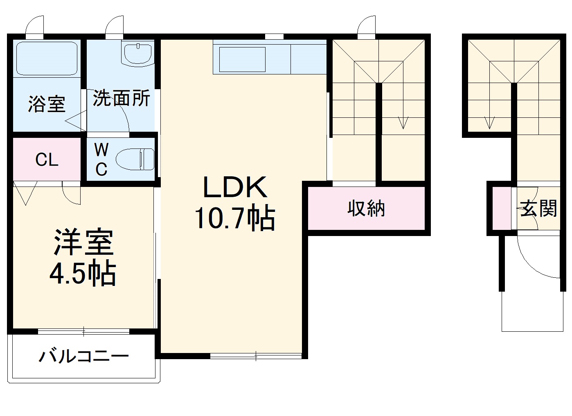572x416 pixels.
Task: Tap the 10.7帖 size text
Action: pos(235,218)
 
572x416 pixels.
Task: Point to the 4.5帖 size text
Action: pos(83,273)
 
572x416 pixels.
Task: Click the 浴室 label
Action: pos(46,104)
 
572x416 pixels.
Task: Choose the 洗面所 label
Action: pos(121,98)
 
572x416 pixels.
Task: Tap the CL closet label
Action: pos(47,160)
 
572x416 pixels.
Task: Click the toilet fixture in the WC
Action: pos(135,159)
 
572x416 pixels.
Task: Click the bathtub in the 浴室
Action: pos(47,58)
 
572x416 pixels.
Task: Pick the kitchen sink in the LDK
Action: pos(243,60)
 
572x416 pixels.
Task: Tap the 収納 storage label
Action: pos(366,209)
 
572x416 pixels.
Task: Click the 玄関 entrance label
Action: pos(538,209)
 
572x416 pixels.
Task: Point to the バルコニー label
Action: pos(84,356)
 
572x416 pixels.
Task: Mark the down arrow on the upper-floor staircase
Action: pos(403,121)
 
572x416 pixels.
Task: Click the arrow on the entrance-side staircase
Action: pos(489,122)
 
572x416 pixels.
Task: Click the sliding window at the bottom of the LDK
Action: pos(256,355)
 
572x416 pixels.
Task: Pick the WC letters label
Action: pos(101,160)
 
